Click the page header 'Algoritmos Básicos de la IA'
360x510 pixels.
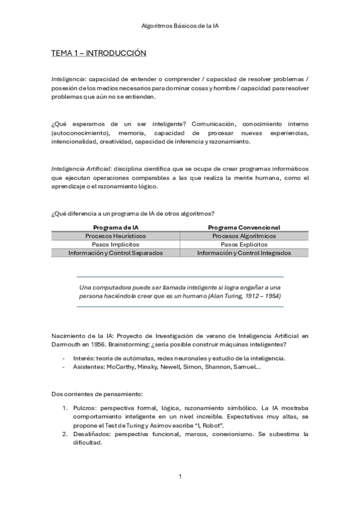[180, 26]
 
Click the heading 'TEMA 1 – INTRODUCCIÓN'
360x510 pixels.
[99, 54]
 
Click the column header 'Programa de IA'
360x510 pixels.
[115, 227]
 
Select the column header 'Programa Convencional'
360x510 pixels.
[244, 227]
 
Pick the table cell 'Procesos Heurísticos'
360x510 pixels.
[115, 236]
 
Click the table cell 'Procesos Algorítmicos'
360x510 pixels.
[244, 236]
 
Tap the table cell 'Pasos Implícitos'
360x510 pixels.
[115, 245]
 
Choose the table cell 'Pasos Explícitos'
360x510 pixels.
[244, 245]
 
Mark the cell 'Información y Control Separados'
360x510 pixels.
[115, 253]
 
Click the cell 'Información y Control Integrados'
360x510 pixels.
[244, 253]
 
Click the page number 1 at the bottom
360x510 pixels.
[180, 477]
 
